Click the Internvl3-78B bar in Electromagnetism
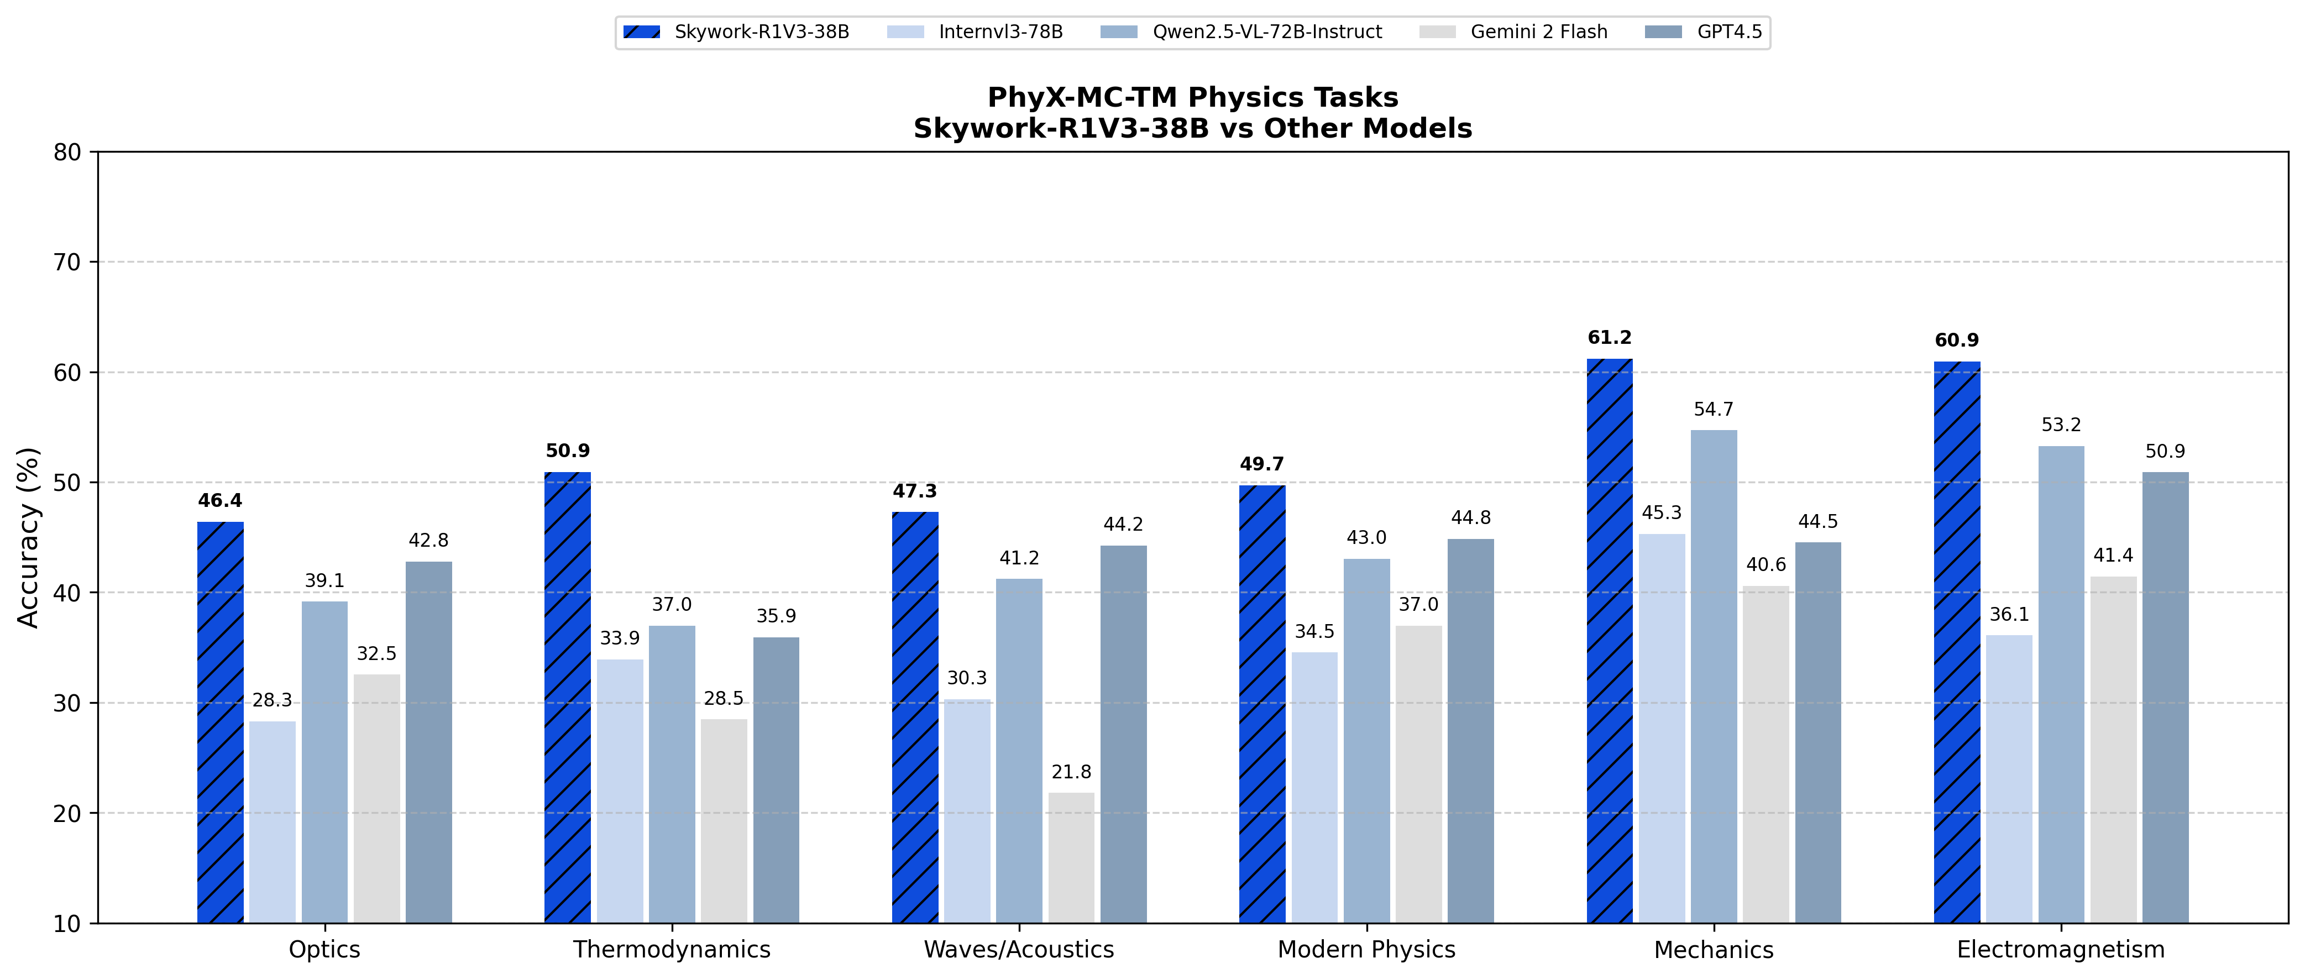tap(2009, 778)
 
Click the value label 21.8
tap(1071, 771)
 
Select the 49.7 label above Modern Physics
tap(1261, 464)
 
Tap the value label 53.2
tap(2061, 425)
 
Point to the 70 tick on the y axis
tap(67, 262)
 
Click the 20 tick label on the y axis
tap(67, 814)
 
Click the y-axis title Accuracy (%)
tap(29, 537)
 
